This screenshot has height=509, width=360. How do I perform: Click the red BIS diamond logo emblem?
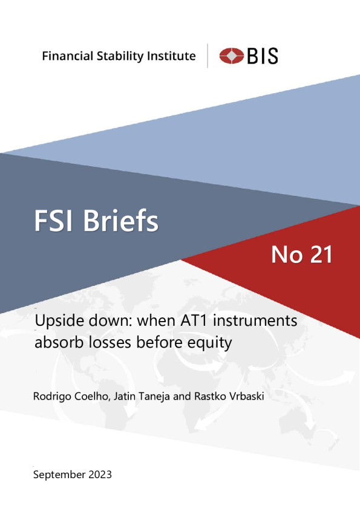point(231,56)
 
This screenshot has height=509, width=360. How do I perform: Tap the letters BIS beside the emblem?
point(263,56)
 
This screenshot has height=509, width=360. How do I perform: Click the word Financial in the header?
point(68,56)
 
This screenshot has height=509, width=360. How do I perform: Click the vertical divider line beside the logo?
point(208,56)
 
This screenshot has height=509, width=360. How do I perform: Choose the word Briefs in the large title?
point(120,220)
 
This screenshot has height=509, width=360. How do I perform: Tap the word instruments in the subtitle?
point(255,320)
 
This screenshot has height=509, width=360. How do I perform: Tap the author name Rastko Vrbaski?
point(229,397)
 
